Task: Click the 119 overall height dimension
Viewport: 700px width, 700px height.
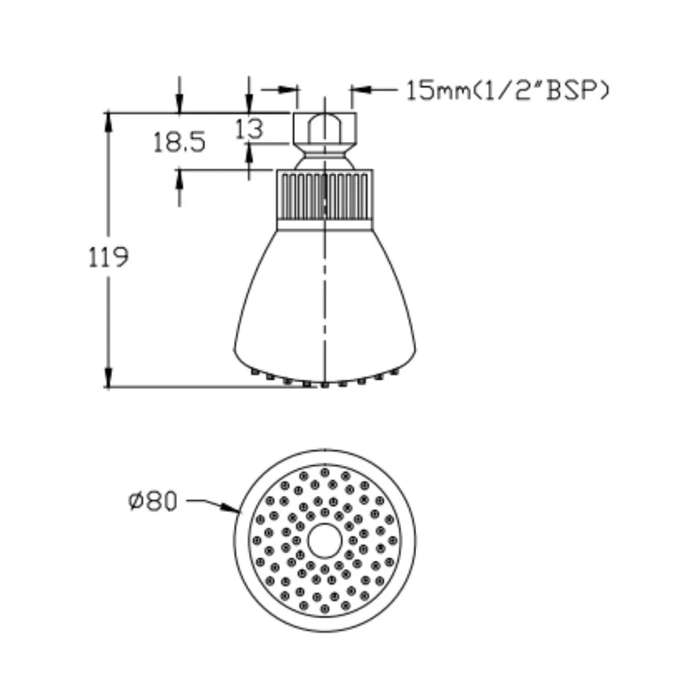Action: click(x=108, y=257)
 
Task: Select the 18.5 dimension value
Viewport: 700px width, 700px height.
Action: click(x=180, y=141)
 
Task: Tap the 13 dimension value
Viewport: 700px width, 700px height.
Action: click(x=249, y=129)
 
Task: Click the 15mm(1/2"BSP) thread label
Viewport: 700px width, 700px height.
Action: click(x=507, y=91)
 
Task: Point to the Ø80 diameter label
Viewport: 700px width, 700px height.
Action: click(x=153, y=501)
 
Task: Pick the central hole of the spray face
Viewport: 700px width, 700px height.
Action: click(x=324, y=541)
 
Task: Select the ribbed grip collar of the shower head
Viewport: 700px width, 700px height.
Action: click(x=324, y=194)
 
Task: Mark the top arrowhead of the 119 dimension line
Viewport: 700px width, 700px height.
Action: click(x=108, y=120)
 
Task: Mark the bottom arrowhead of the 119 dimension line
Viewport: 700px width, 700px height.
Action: click(x=108, y=379)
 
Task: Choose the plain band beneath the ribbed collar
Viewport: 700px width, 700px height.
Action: click(x=324, y=225)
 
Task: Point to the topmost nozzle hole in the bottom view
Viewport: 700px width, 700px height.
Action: click(x=325, y=472)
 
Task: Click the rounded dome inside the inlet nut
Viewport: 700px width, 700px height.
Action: click(x=324, y=123)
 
